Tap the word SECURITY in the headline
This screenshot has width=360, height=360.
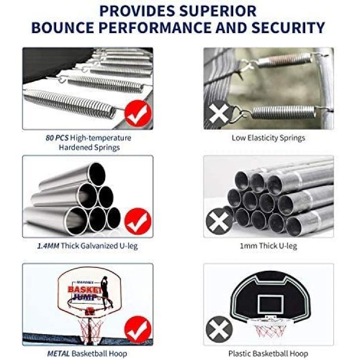coord(288,27)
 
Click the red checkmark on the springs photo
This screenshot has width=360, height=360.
coord(138,113)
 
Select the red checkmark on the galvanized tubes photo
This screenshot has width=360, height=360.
coord(138,221)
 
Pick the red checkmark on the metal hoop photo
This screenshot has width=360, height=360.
coord(138,329)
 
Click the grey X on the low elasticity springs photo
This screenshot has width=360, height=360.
coord(219,113)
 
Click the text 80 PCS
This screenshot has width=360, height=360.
coord(57,138)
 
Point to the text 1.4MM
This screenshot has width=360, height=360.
coord(48,246)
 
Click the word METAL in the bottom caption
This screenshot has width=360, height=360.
coord(58,354)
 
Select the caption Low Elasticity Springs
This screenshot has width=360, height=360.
coord(268,138)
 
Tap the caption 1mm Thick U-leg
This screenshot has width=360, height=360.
coord(268,246)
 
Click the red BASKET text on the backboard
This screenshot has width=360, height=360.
coord(84,289)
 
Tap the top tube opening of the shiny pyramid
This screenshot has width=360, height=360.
coord(97,174)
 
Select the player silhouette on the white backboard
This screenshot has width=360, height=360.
coord(106,291)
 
